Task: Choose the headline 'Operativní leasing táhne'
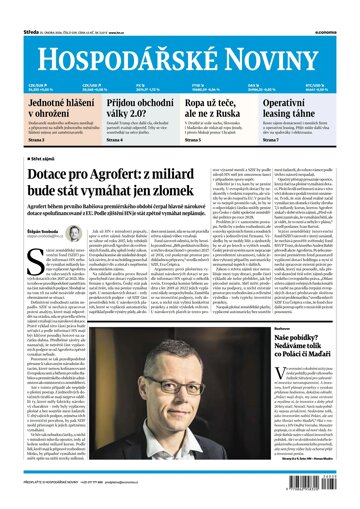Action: [305, 108]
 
